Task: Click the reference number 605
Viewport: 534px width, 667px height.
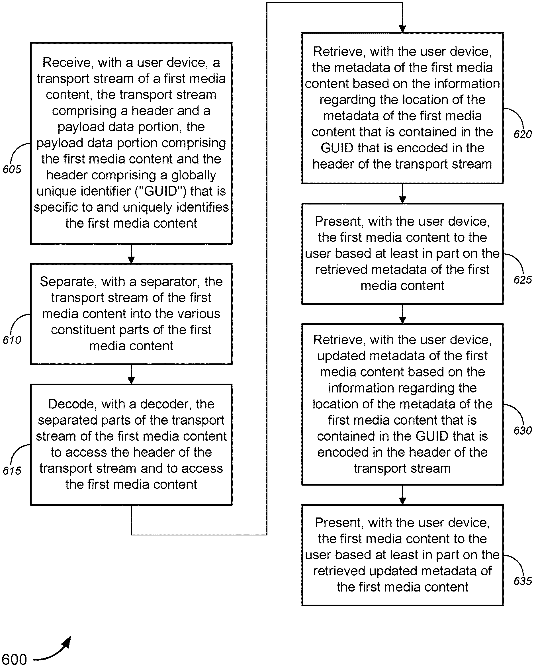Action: click(x=12, y=169)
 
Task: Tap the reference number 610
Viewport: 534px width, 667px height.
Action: click(x=12, y=340)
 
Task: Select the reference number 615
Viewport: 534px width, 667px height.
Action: click(x=12, y=470)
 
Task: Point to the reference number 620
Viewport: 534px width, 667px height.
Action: click(x=523, y=134)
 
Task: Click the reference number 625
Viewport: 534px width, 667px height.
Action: click(x=523, y=280)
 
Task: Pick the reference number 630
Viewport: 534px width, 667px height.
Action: click(x=523, y=430)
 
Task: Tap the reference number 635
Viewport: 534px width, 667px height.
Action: click(x=523, y=581)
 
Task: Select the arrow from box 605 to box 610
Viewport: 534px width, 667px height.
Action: click(x=131, y=254)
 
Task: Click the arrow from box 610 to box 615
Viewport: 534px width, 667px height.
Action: click(x=131, y=375)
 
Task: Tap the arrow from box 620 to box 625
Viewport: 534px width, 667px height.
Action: click(x=402, y=194)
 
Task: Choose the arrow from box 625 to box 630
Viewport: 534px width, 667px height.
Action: click(x=402, y=314)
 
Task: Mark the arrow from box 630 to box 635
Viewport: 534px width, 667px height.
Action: click(x=402, y=495)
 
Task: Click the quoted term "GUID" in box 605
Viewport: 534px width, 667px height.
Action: click(x=161, y=191)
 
